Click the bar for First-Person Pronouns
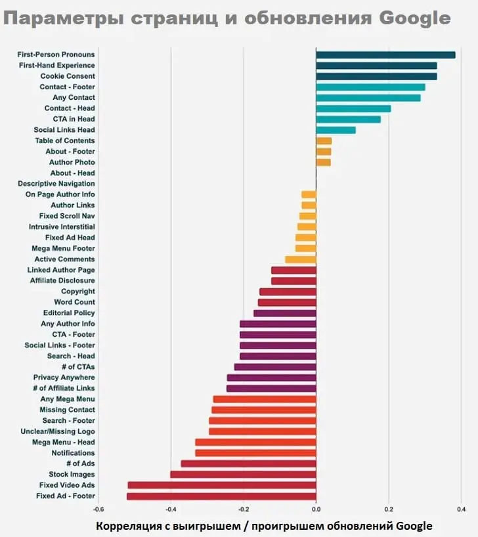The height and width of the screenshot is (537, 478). [x=385, y=54]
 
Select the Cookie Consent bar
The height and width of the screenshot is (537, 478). [x=376, y=76]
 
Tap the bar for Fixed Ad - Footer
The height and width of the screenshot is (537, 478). [x=221, y=496]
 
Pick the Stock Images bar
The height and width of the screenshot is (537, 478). [x=243, y=474]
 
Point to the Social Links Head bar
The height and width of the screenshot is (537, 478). [x=336, y=130]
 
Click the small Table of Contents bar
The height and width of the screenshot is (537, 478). [x=324, y=140]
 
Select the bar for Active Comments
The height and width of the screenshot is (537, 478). [x=301, y=259]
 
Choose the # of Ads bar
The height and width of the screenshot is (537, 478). [x=248, y=463]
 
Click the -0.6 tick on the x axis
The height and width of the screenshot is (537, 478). [x=98, y=509]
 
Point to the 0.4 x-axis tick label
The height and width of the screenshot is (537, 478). [x=461, y=509]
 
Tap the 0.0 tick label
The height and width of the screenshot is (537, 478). [x=316, y=509]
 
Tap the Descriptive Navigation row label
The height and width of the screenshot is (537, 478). [x=56, y=184]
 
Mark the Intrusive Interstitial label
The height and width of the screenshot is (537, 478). [x=62, y=226]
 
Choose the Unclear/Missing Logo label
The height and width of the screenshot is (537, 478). [x=58, y=431]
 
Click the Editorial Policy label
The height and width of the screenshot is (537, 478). [x=69, y=313]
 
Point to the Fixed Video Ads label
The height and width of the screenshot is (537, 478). [x=67, y=485]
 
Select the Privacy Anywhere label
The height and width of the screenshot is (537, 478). [x=64, y=377]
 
